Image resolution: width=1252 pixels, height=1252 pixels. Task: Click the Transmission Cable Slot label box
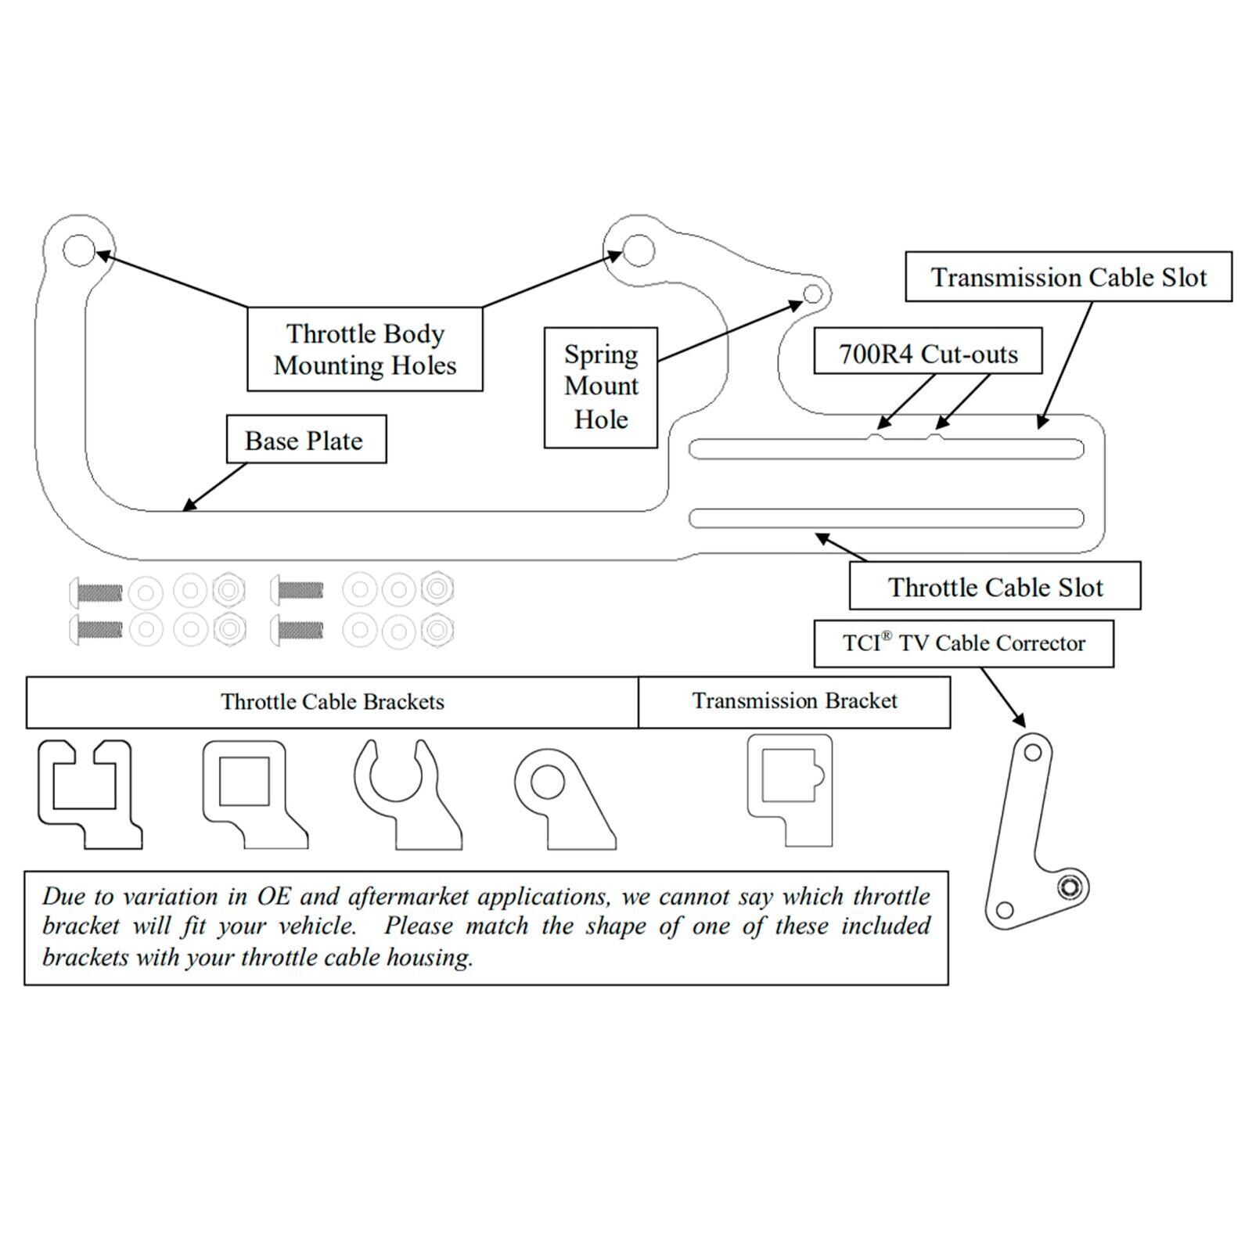pos(1068,277)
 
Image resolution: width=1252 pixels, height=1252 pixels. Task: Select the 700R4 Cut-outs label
pos(928,354)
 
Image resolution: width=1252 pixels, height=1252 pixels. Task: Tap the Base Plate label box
pos(305,440)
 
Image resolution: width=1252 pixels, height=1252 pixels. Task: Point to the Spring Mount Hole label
pos(601,387)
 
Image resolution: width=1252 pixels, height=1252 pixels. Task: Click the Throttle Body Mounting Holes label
pos(365,350)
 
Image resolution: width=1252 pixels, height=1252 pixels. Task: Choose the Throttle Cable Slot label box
pos(995,586)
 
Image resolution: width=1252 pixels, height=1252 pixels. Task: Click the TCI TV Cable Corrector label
pos(963,643)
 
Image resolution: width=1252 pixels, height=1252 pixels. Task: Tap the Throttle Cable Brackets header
pos(333,702)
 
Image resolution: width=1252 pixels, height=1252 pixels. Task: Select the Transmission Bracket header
pos(794,701)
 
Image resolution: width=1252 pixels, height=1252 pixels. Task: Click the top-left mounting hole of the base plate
pos(78,250)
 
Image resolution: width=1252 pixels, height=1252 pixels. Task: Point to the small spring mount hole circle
pos(813,293)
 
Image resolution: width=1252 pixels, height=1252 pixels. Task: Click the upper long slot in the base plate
pos(886,449)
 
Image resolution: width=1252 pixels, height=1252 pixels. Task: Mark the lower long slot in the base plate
pos(886,518)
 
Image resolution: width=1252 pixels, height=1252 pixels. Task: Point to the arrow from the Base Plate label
pos(214,487)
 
